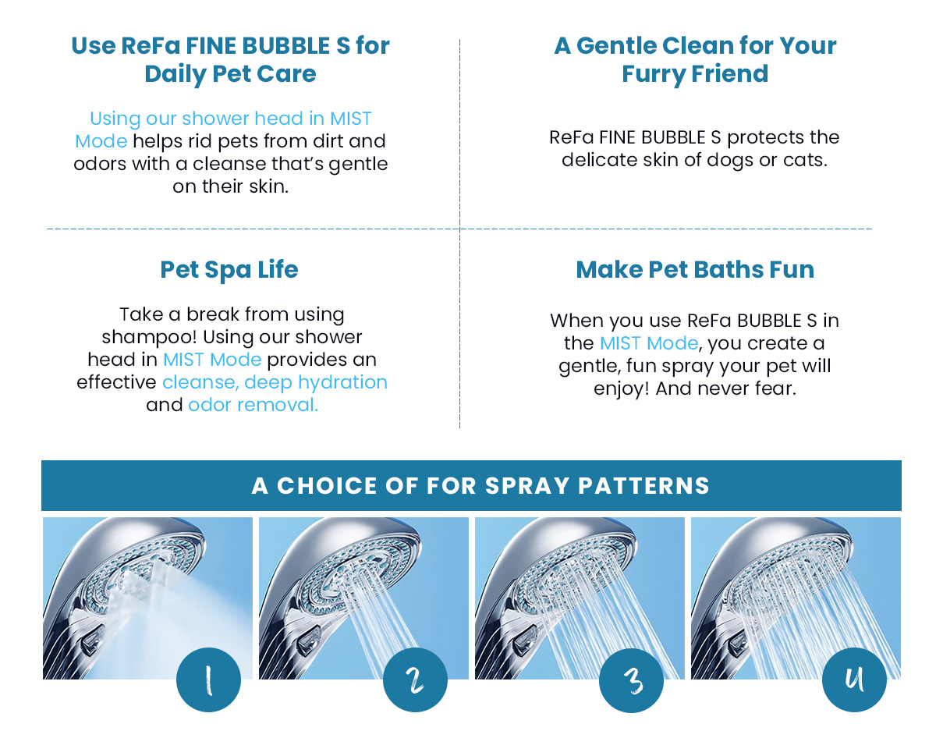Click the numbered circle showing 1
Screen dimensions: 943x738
[x=208, y=679]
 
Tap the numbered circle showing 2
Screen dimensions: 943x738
[x=415, y=679]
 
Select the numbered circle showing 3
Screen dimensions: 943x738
[x=631, y=680]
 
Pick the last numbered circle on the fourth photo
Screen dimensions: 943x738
[x=854, y=679]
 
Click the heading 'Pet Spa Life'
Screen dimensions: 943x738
[x=229, y=270]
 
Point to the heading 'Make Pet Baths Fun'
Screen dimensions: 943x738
[x=695, y=269]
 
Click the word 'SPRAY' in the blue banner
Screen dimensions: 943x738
[x=527, y=485]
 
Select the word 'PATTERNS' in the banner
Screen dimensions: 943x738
[x=644, y=485]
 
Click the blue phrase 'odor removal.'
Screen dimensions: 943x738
[x=253, y=405]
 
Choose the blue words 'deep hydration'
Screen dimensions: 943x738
[x=315, y=382]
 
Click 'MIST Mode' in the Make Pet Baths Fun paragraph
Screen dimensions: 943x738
[x=649, y=343]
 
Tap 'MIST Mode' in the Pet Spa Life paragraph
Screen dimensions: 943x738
[x=212, y=360]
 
